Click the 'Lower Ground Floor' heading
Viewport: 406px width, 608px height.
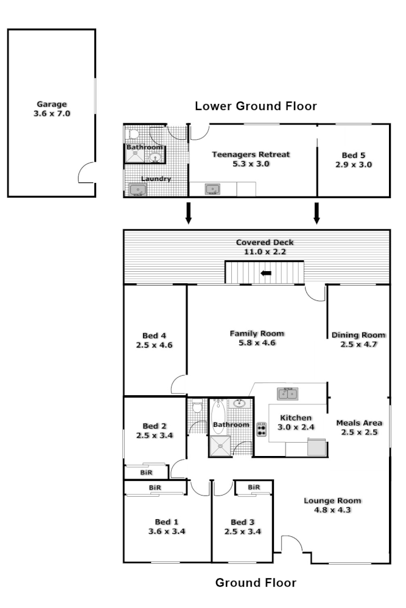pyautogui.click(x=256, y=106)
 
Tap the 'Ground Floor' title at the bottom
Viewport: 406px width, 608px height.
pyautogui.click(x=256, y=583)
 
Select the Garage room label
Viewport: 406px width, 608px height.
pyautogui.click(x=51, y=104)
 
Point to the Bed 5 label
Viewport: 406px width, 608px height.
pyautogui.click(x=353, y=154)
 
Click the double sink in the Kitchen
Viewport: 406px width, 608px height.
pyautogui.click(x=288, y=393)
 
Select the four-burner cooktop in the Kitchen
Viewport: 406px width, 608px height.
pyautogui.click(x=262, y=429)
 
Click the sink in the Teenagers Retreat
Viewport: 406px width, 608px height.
pyautogui.click(x=212, y=189)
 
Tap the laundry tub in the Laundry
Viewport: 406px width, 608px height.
pyautogui.click(x=138, y=190)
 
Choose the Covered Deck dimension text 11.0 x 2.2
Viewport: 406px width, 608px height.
pyautogui.click(x=265, y=250)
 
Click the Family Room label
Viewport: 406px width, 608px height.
pyautogui.click(x=257, y=333)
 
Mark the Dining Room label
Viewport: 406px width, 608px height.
pyautogui.click(x=358, y=335)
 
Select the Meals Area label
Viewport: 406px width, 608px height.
pyautogui.click(x=359, y=423)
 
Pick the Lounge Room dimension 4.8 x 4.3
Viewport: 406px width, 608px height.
pyautogui.click(x=332, y=510)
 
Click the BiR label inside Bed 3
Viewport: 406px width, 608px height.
pyautogui.click(x=254, y=487)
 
